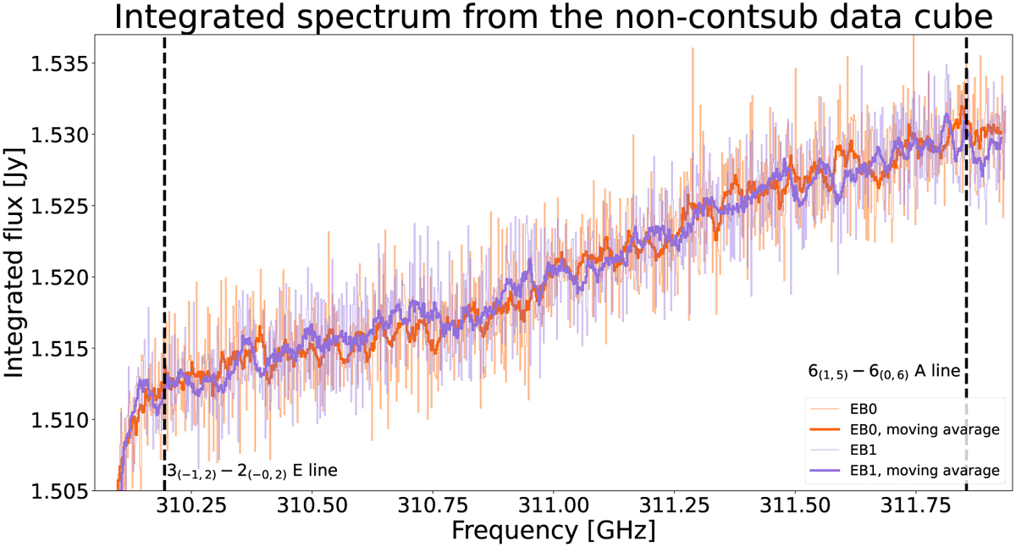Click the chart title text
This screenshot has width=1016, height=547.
click(554, 17)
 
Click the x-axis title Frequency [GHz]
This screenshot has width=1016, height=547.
click(554, 530)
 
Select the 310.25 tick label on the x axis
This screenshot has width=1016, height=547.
click(191, 506)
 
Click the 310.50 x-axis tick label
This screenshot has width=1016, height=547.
click(312, 506)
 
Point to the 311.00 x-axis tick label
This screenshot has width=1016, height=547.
click(554, 506)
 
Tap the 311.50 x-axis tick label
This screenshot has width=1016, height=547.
click(795, 506)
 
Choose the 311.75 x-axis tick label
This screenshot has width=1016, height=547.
click(916, 506)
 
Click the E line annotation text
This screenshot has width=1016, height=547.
click(252, 472)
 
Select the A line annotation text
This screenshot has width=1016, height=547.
click(885, 372)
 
